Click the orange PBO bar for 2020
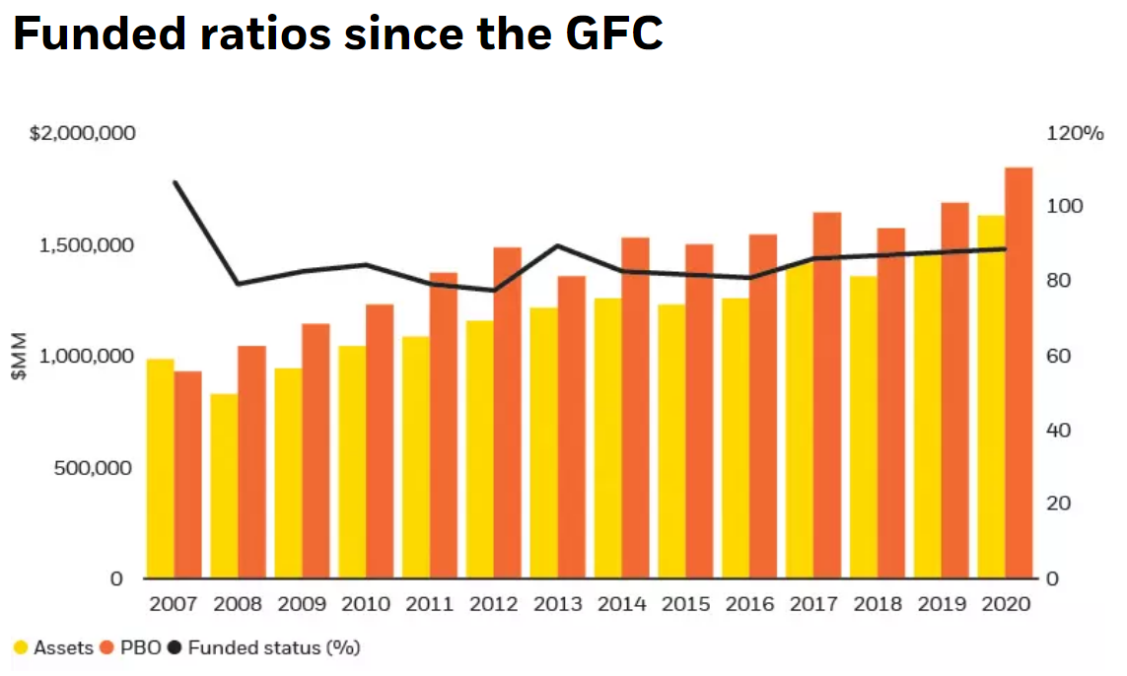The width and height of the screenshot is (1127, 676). click(1019, 374)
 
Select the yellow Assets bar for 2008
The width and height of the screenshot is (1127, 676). click(225, 487)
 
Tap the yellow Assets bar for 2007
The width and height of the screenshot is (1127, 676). click(160, 469)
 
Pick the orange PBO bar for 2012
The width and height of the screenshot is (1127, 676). click(507, 414)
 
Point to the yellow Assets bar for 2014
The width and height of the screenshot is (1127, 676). click(607, 439)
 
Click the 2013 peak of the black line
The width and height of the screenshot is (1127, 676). click(557, 245)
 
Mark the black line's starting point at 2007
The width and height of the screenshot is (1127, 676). click(175, 182)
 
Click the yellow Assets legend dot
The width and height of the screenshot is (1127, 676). click(21, 648)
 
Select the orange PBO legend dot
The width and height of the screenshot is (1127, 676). click(106, 648)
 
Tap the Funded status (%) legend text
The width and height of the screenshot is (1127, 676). click(273, 648)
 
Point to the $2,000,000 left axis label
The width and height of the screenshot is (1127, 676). click(83, 134)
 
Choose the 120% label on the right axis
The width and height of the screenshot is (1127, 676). click(1074, 134)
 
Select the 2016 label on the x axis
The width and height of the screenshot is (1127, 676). click(749, 604)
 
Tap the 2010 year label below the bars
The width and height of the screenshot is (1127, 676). click(365, 604)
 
